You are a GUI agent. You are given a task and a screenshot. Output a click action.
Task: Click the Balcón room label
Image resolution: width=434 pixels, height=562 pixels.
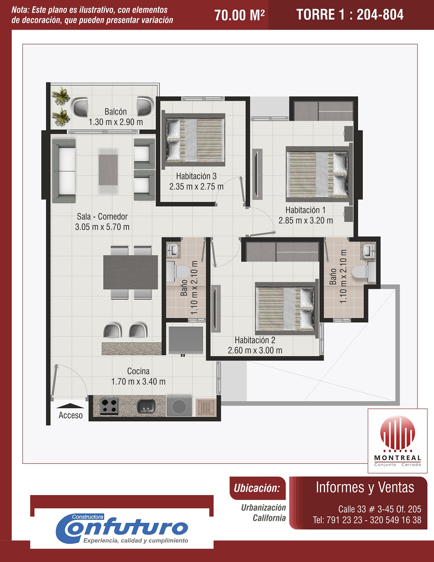[115, 112]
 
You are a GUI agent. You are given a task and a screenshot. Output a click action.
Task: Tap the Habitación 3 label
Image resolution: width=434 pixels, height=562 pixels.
[196, 176]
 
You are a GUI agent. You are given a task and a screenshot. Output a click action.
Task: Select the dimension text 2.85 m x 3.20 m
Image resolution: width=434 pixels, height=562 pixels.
[306, 220]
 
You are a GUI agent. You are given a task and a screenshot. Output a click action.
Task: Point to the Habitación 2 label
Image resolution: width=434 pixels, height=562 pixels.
[255, 340]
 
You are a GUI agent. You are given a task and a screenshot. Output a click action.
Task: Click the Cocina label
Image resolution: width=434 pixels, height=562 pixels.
[138, 371]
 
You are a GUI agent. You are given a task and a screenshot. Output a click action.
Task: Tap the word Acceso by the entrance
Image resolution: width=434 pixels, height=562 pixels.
[70, 415]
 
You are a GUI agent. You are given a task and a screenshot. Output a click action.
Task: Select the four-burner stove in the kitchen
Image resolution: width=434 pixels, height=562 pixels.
[109, 406]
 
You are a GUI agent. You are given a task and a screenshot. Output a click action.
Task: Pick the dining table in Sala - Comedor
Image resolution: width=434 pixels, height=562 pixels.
[131, 272]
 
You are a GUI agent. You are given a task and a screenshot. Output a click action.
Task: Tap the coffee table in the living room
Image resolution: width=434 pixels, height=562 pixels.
[108, 170]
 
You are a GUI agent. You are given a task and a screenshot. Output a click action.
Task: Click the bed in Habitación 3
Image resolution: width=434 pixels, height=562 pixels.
[194, 140]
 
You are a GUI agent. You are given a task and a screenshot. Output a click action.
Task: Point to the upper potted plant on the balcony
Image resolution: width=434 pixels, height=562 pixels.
[61, 95]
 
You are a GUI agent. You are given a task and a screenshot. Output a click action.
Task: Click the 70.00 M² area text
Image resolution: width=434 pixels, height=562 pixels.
[240, 15]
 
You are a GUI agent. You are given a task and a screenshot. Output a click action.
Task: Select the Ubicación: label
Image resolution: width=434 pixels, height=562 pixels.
[257, 488]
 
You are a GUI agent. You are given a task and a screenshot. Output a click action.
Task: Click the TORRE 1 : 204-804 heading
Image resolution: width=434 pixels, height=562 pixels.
[350, 14]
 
